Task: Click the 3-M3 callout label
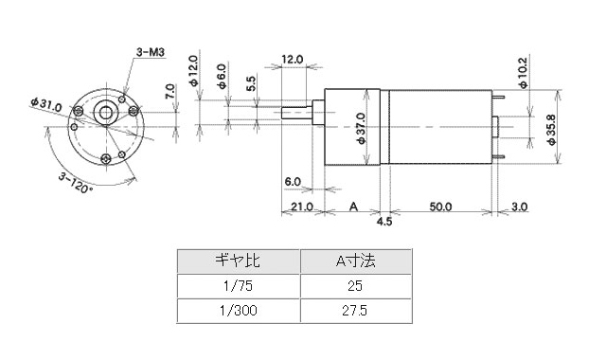(151, 53)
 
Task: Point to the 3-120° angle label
(76, 182)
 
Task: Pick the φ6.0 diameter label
(221, 75)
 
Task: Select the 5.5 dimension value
(250, 83)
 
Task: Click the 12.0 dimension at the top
(293, 59)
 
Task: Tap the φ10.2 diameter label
(523, 71)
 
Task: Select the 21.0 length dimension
(302, 206)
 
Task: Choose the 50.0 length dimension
(439, 206)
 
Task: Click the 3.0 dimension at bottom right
(519, 206)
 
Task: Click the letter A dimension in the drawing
(353, 206)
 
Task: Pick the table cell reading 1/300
(238, 309)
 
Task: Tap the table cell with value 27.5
(355, 309)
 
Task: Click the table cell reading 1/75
(238, 285)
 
